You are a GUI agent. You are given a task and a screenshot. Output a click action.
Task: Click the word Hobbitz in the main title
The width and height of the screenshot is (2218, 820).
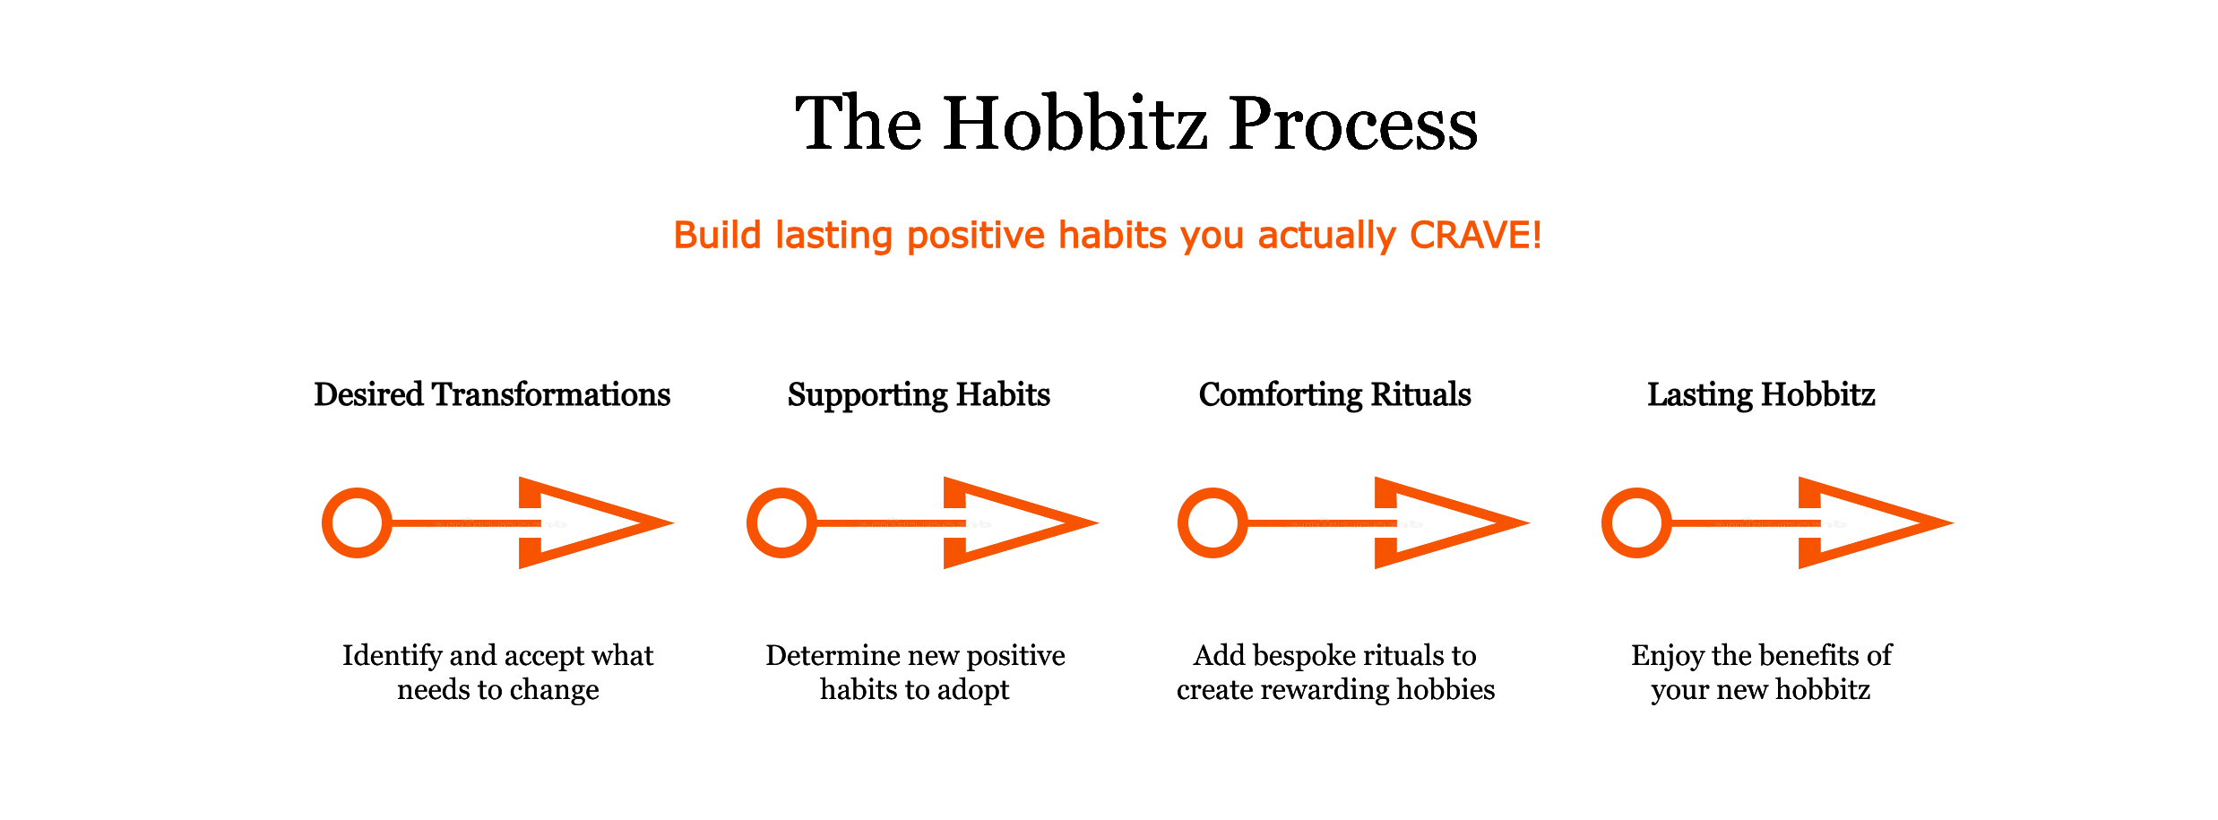(x=1074, y=123)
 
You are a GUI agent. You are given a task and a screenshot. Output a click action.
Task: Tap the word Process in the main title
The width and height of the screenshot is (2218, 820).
(x=1353, y=123)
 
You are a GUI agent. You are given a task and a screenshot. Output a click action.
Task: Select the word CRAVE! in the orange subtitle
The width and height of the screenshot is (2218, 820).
(x=1475, y=235)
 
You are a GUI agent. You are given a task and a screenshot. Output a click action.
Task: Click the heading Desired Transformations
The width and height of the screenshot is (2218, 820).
(x=492, y=394)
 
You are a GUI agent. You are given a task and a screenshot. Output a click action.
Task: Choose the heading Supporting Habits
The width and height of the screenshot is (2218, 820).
(x=919, y=395)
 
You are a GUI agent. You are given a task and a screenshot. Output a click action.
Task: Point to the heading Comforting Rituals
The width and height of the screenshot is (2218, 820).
(x=1335, y=395)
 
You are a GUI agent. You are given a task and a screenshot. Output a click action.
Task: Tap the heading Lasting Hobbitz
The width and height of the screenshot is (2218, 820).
(x=1761, y=395)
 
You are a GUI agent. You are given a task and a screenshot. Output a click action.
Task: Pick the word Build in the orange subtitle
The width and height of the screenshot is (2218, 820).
(x=718, y=235)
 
